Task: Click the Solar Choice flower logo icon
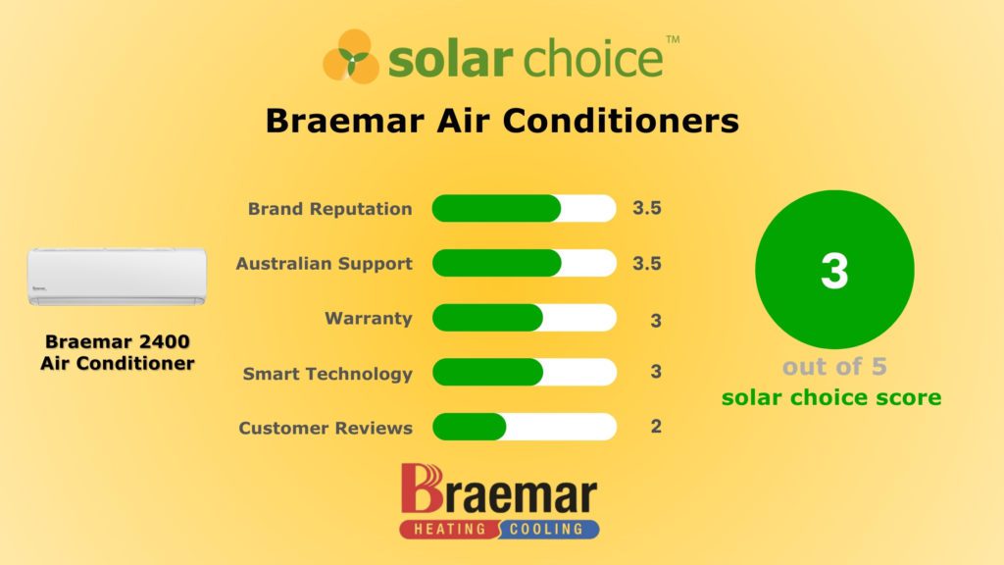351,56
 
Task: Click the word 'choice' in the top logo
593,60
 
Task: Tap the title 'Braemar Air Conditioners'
501,122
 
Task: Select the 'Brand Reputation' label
329,209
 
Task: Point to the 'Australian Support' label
324,264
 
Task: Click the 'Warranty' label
369,319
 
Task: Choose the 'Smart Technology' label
327,374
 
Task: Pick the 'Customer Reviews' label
326,429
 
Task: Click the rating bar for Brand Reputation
524,209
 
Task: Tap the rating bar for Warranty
524,319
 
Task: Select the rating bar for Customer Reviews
524,428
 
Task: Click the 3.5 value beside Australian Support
647,264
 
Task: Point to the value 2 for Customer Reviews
656,427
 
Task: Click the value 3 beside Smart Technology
656,373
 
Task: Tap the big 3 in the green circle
834,271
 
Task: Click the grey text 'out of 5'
833,368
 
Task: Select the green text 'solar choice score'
831,398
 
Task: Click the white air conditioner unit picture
117,276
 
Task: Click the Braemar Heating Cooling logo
499,501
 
